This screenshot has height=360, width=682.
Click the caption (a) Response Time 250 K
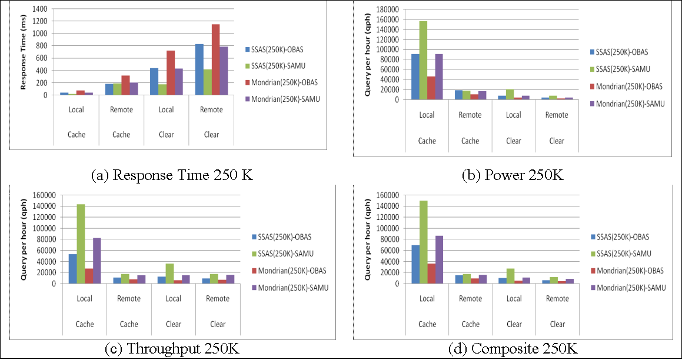(x=172, y=175)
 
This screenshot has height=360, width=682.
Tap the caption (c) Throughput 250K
(x=172, y=349)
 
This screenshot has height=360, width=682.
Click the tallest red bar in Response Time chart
(x=215, y=59)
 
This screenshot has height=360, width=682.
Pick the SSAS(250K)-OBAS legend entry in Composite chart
(x=622, y=236)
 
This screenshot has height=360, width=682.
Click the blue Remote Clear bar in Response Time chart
(x=199, y=69)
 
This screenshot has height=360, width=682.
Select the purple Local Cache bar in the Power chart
(x=438, y=76)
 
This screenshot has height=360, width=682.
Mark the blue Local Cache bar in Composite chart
(x=415, y=264)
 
